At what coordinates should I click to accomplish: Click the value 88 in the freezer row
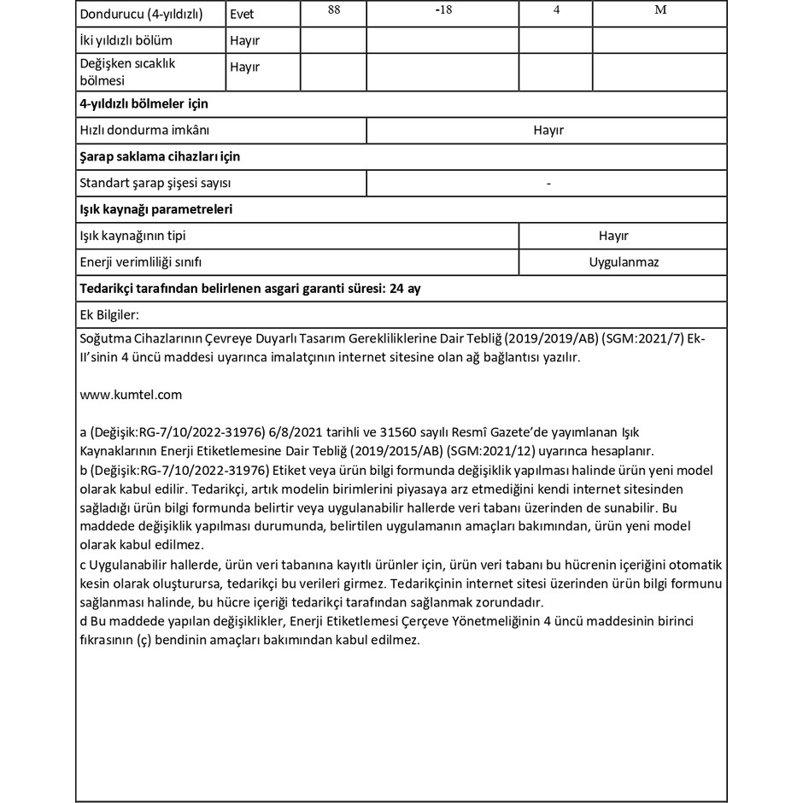[x=333, y=10]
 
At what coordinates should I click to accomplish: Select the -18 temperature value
[x=443, y=10]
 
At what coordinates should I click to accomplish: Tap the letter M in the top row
[x=659, y=10]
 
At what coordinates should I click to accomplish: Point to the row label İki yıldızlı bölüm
[x=126, y=40]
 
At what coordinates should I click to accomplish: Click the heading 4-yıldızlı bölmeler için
[x=144, y=103]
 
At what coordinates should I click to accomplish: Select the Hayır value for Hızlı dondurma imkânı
[x=548, y=131]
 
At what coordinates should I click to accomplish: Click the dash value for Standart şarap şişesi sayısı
[x=548, y=184]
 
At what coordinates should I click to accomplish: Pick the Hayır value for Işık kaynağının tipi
[x=613, y=236]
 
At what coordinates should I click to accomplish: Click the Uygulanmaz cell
[x=624, y=262]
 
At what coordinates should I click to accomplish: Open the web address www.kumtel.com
[x=130, y=395]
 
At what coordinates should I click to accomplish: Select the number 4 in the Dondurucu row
[x=556, y=10]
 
